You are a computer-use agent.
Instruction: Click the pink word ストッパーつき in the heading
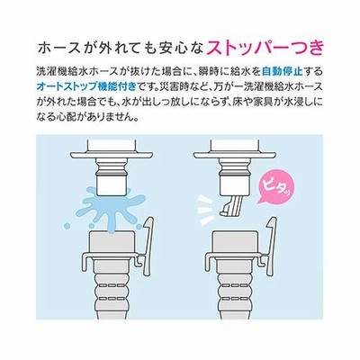265,48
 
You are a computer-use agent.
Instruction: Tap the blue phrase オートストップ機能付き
86,86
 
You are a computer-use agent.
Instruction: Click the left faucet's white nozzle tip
113,185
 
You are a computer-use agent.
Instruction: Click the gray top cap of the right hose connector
235,242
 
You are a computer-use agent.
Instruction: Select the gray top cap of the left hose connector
112,242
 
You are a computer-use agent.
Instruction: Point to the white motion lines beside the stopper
208,211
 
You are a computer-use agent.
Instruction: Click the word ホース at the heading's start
67,49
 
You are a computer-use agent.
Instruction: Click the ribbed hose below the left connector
111,291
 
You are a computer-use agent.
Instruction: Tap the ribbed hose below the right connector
235,291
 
